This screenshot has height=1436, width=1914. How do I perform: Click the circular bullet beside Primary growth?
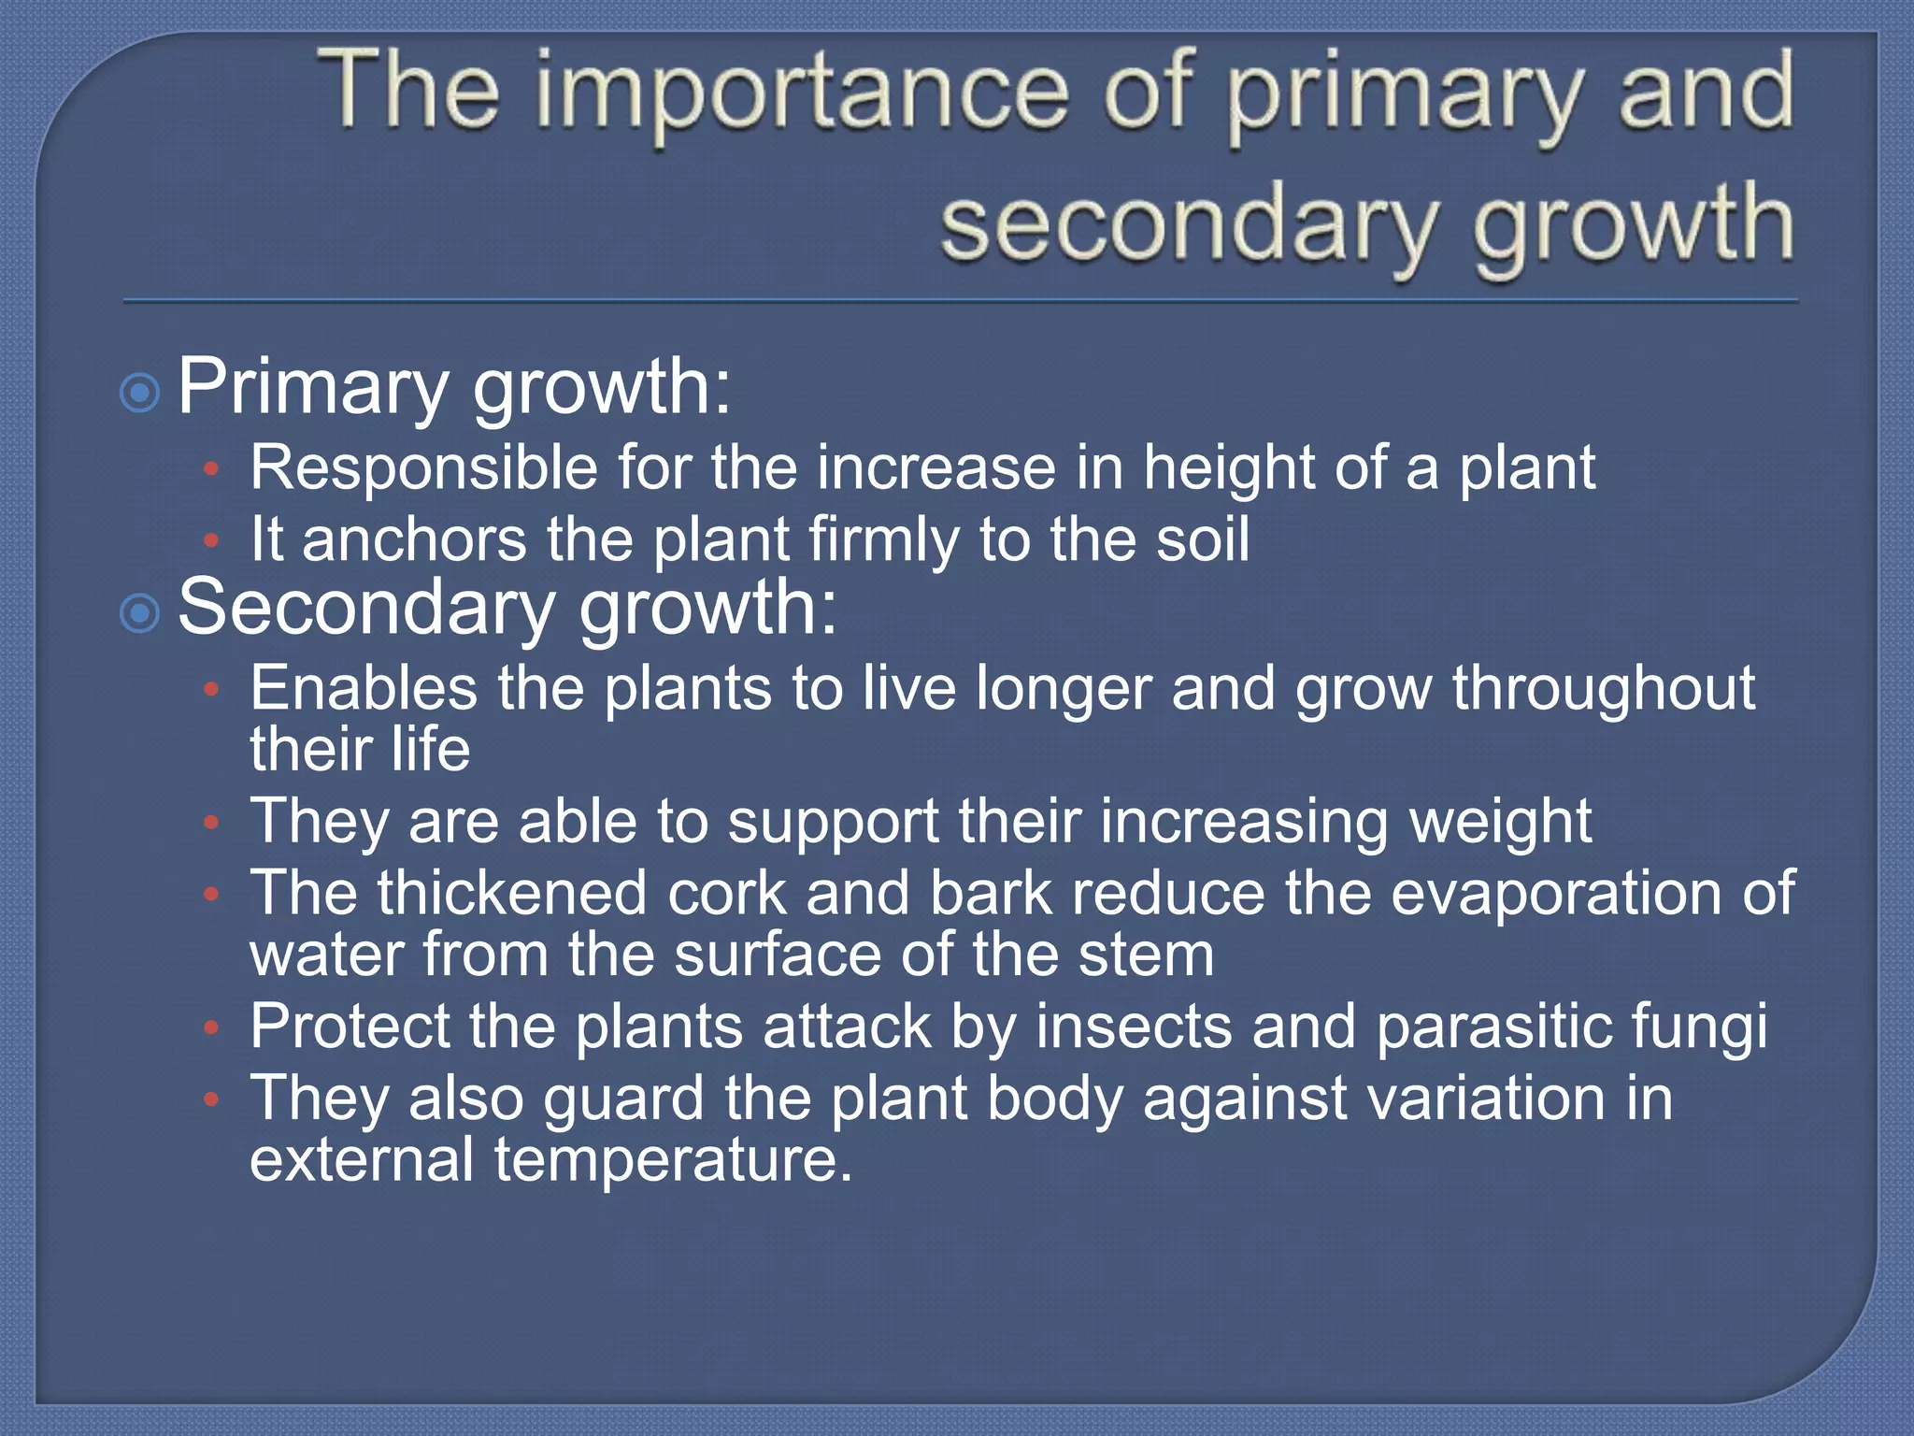[140, 393]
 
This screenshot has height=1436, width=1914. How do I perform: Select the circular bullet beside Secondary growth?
[140, 614]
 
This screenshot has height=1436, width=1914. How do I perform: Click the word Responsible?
[423, 468]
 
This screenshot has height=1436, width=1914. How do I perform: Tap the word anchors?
[414, 540]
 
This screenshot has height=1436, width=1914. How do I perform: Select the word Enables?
[364, 689]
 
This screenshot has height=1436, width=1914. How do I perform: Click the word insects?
[1134, 1027]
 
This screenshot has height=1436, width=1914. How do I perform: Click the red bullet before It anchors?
[212, 540]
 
